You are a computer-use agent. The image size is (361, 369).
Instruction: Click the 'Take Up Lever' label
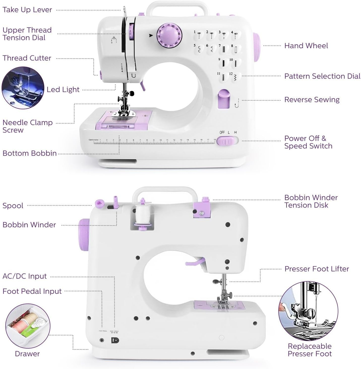pos(27,10)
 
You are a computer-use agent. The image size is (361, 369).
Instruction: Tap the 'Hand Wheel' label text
pos(306,46)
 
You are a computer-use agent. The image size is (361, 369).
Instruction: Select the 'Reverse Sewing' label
pos(312,100)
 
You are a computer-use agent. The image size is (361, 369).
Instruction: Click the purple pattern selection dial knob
pos(169,35)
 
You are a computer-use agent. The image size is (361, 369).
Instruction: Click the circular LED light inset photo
pos(23,88)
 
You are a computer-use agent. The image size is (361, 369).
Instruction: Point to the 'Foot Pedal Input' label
pos(32,291)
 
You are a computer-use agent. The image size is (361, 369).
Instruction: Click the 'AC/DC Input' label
pos(25,276)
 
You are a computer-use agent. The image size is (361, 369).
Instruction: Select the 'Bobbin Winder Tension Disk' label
pos(311,202)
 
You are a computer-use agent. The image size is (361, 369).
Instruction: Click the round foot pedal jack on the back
pos(102,340)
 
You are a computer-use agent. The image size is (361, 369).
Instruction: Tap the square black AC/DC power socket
pos(115,340)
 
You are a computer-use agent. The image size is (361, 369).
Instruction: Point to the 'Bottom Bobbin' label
pos(29,153)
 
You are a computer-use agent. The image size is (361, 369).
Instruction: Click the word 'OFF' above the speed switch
pos(222,132)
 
